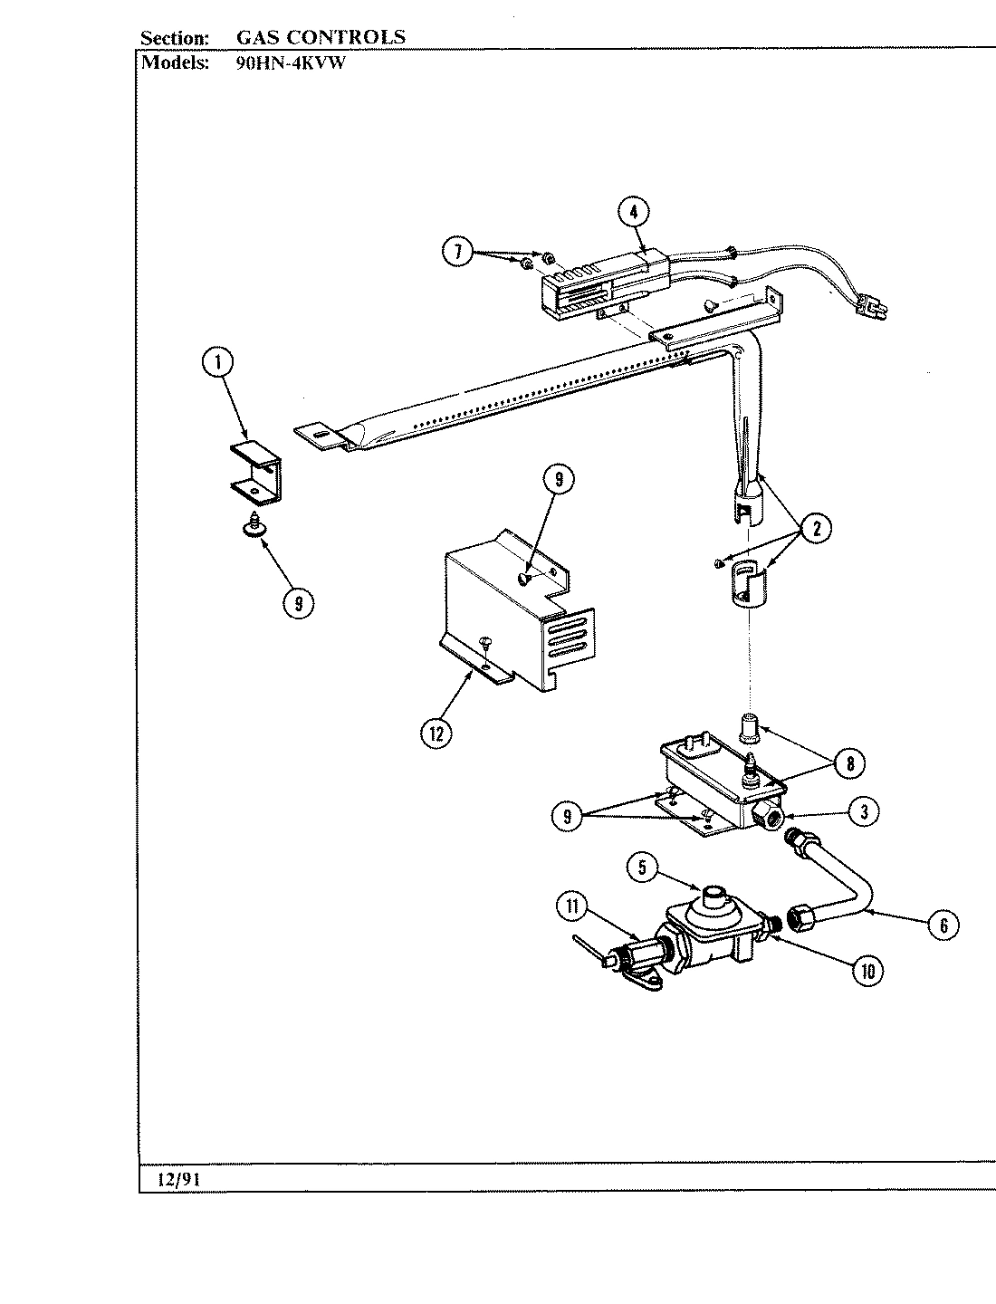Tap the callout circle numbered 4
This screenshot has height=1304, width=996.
[x=634, y=212]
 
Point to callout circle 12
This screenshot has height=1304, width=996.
[x=436, y=733]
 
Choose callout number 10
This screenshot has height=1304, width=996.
[x=867, y=972]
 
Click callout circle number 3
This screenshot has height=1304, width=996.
[x=864, y=812]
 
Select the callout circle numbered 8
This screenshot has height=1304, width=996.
[x=849, y=762]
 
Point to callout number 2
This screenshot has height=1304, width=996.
[x=816, y=530]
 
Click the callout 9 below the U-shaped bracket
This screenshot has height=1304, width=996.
[x=298, y=602]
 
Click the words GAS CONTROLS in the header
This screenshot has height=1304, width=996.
[x=321, y=37]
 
